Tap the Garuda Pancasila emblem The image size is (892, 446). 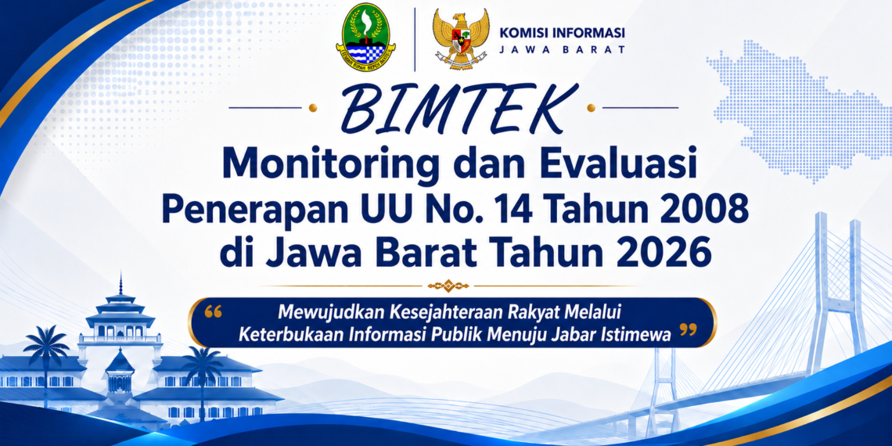pyautogui.click(x=460, y=38)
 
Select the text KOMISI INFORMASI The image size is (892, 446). pyautogui.click(x=562, y=32)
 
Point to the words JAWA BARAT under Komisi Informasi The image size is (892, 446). pyautogui.click(x=562, y=49)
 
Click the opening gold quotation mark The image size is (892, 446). pyautogui.click(x=212, y=311)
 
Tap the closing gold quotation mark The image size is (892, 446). pyautogui.click(x=689, y=329)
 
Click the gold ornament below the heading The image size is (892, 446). pyautogui.click(x=448, y=285)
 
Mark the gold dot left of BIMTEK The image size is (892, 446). pyautogui.click(x=311, y=107)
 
